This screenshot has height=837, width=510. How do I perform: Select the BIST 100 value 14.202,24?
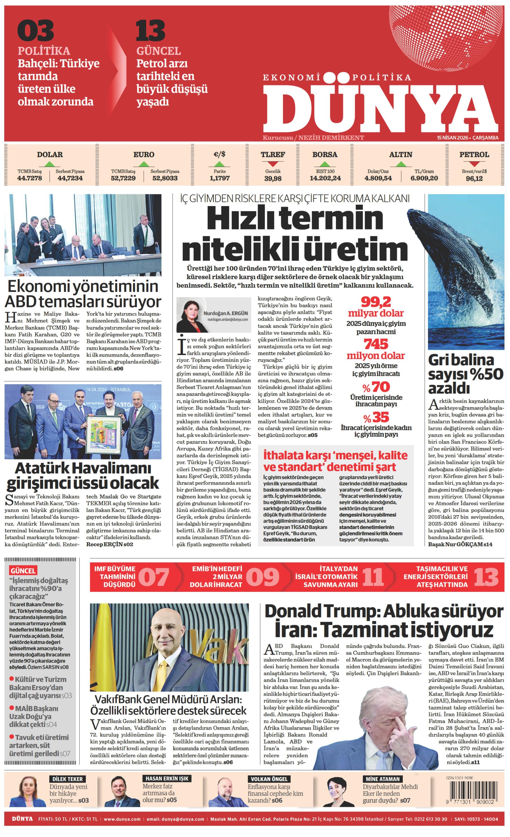pyautogui.click(x=325, y=178)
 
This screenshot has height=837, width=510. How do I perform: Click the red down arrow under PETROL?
pyautogui.click(x=474, y=164)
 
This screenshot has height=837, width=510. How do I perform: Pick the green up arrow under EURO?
pyautogui.click(x=144, y=164)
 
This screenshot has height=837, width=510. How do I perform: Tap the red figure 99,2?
pyautogui.click(x=375, y=302)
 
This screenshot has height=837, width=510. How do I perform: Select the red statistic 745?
pyautogui.click(x=375, y=344)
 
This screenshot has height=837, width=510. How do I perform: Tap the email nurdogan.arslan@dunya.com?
pyautogui.click(x=228, y=320)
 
